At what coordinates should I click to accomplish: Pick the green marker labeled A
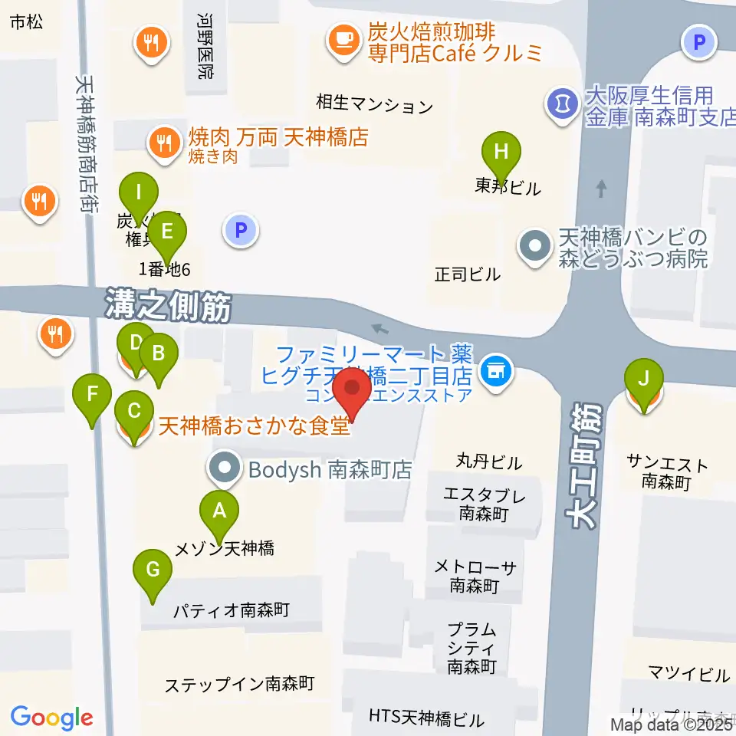click(x=219, y=511)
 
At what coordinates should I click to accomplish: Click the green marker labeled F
click(x=93, y=396)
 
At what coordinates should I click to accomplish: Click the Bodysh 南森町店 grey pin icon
click(x=225, y=468)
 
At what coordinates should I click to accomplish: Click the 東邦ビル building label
click(x=508, y=186)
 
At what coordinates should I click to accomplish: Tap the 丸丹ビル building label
click(x=489, y=462)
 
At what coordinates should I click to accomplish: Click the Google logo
click(x=51, y=718)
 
